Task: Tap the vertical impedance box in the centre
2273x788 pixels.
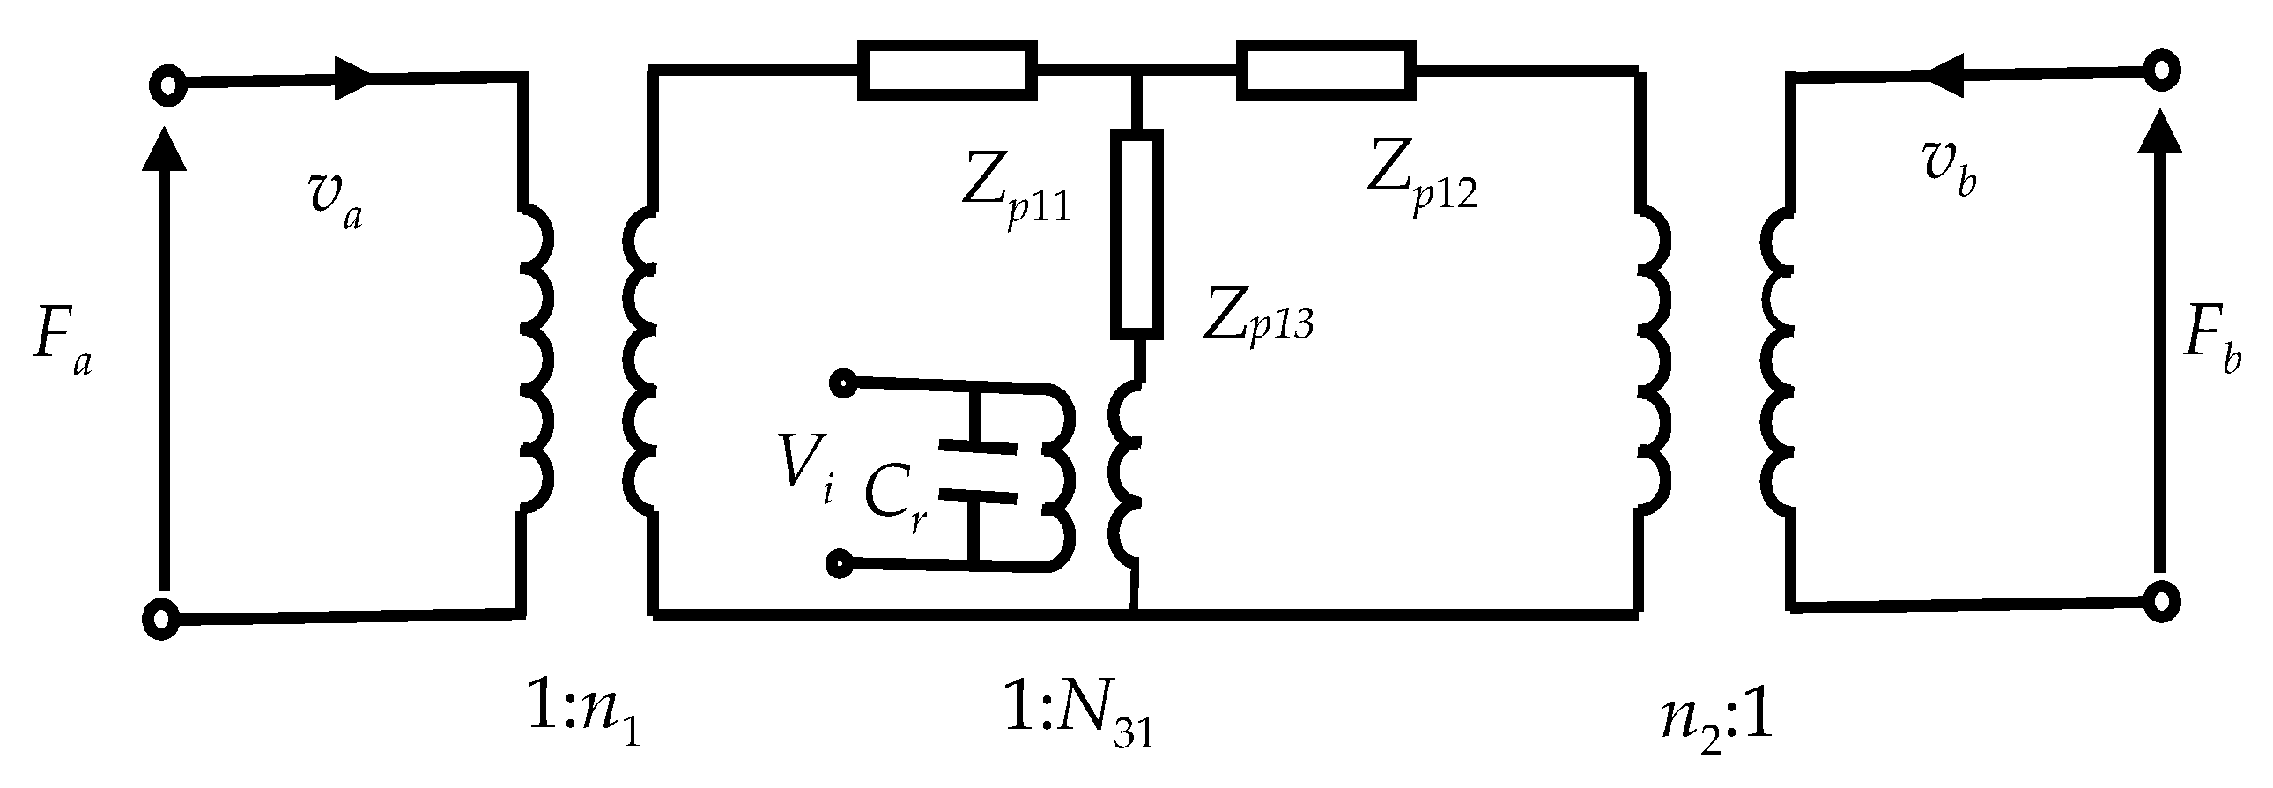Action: tap(1136, 234)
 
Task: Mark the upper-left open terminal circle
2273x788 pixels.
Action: tap(164, 85)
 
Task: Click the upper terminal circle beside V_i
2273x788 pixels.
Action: tap(841, 382)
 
